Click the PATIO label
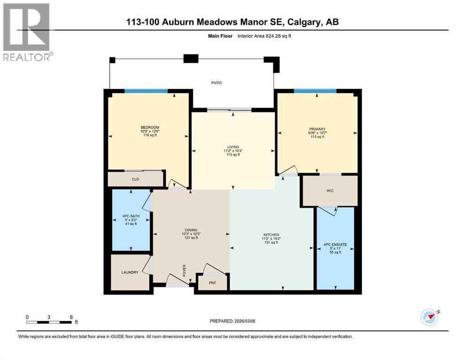coord(216,83)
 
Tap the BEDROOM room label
coord(150,127)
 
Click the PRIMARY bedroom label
coord(317,129)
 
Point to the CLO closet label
coord(135,179)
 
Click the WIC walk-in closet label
coord(330,191)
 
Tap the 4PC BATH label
coord(131,217)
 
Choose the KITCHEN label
coord(271,234)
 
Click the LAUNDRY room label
coord(130,272)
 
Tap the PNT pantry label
coord(212,283)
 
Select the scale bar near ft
coord(49,322)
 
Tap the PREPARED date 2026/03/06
coord(233,321)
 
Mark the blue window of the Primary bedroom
coord(315,91)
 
